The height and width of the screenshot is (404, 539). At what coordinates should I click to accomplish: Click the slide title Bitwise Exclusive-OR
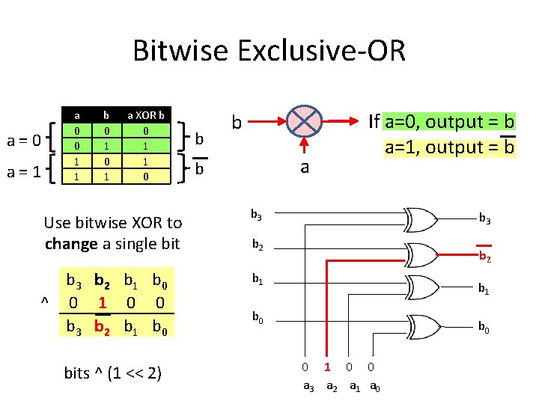click(x=269, y=51)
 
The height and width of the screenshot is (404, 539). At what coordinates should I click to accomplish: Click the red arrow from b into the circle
click(x=267, y=120)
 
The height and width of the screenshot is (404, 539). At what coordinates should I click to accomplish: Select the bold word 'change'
click(x=70, y=243)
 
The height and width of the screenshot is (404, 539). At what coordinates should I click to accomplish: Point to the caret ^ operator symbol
click(x=45, y=301)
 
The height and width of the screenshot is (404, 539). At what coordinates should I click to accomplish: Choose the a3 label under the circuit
click(x=308, y=386)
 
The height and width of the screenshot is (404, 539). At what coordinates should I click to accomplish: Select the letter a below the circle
click(x=304, y=166)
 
